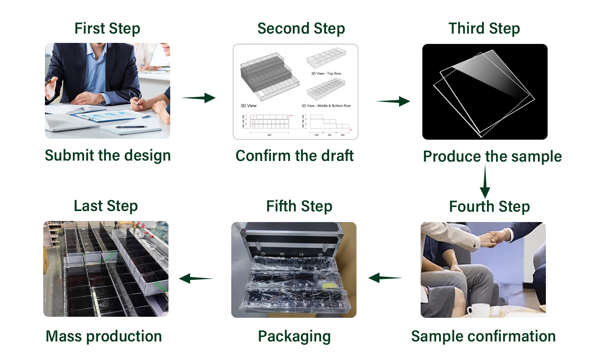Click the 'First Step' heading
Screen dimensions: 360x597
[107, 28]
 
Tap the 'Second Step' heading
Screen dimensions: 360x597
[301, 28]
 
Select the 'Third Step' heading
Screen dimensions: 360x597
[484, 28]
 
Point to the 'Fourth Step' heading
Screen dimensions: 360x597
[489, 207]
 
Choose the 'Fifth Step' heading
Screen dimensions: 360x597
[299, 206]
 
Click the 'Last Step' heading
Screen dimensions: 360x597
[106, 206]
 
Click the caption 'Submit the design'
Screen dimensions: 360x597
[108, 155]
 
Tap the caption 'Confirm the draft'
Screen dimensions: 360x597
[294, 156]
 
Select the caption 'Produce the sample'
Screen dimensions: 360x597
[492, 156]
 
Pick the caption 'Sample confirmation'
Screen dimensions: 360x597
[483, 336]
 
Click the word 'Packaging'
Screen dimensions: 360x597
[294, 336]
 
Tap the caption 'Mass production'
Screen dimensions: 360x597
[104, 336]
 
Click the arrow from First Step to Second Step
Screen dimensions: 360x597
[199, 98]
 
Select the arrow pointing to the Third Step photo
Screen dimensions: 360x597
[393, 101]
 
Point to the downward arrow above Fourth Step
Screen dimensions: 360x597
[485, 182]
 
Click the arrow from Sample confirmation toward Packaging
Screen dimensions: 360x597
[385, 278]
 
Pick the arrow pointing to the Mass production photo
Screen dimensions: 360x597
[196, 278]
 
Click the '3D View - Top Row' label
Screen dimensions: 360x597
[326, 73]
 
